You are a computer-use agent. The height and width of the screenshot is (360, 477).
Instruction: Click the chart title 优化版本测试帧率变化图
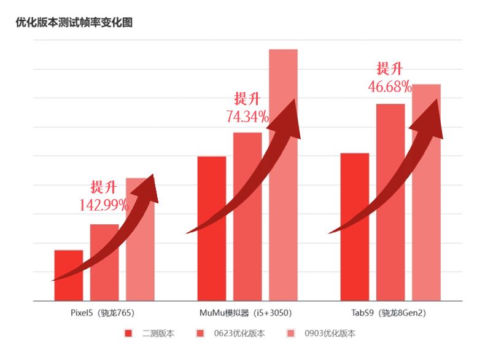pyautogui.click(x=74, y=23)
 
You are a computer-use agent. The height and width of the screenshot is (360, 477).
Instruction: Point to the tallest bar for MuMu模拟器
pyautogui.click(x=283, y=184)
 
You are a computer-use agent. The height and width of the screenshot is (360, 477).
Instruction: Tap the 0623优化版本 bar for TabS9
pyautogui.click(x=390, y=209)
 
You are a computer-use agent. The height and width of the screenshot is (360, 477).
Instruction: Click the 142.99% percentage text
pyautogui.click(x=104, y=205)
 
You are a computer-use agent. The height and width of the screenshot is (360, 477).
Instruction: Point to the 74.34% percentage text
pyautogui.click(x=247, y=117)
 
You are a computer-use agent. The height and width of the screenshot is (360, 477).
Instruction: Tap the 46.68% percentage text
pyautogui.click(x=389, y=87)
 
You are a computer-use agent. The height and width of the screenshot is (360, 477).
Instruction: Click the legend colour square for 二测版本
pyautogui.click(x=128, y=334)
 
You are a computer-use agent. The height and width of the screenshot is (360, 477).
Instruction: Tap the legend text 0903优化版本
pyautogui.click(x=330, y=334)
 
